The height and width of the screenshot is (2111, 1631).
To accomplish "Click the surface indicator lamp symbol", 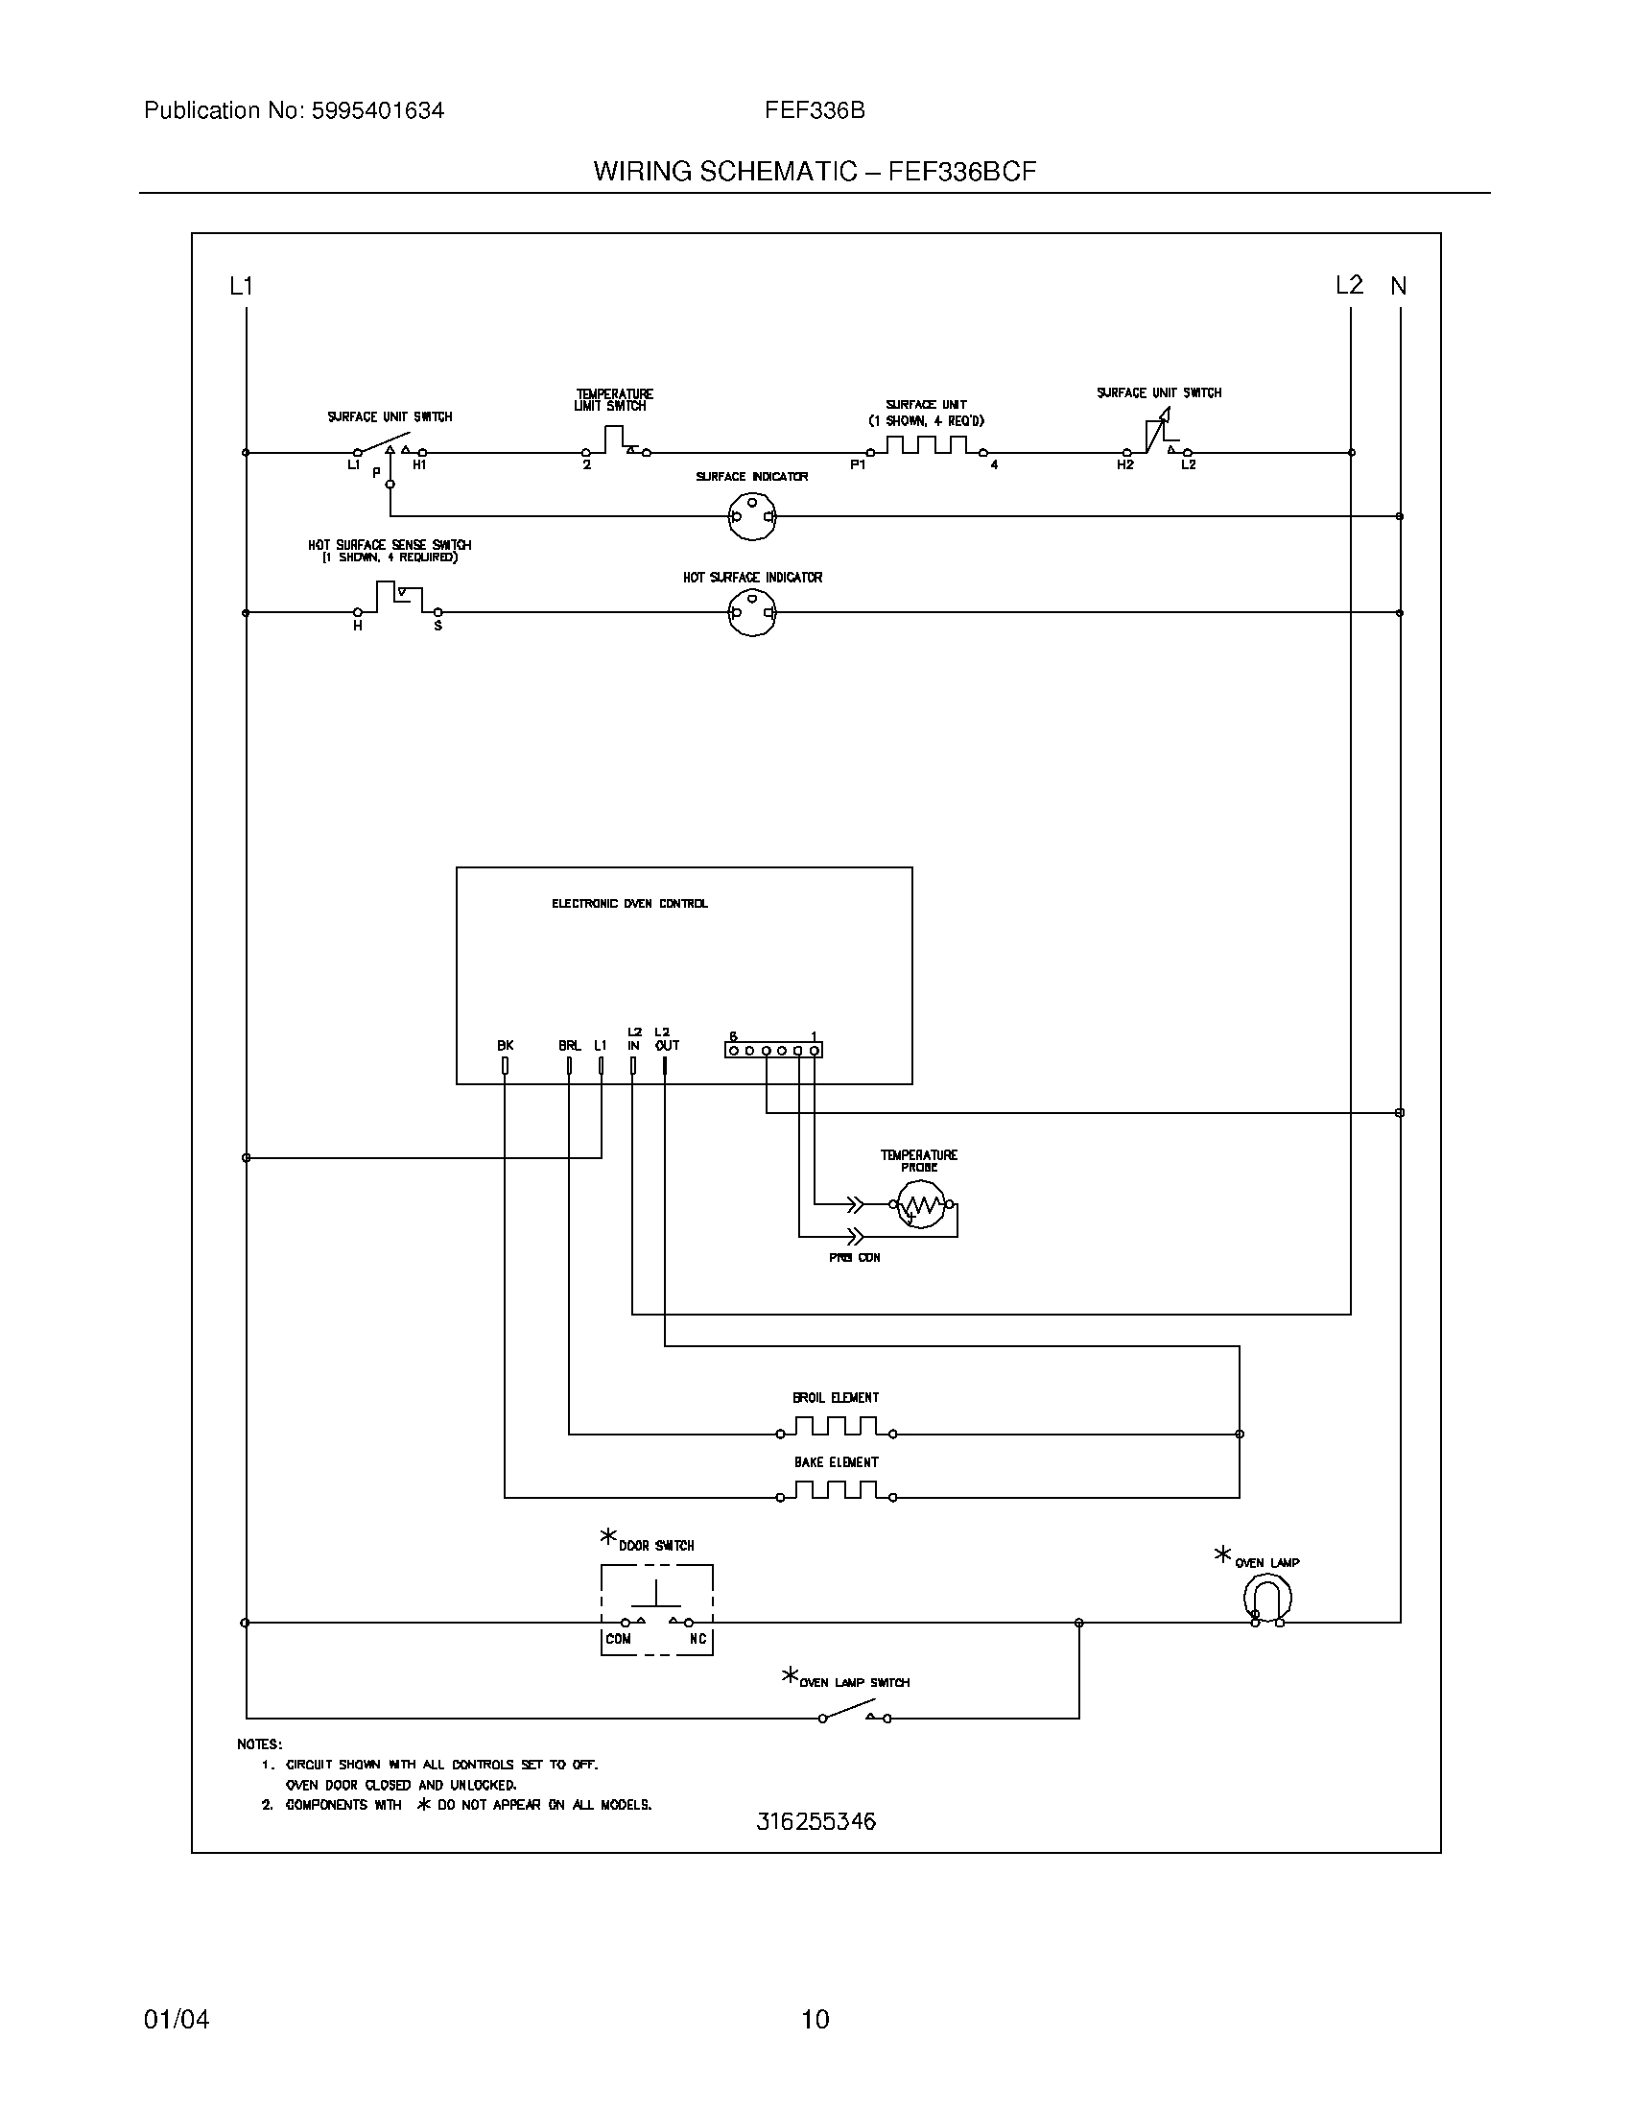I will coord(752,516).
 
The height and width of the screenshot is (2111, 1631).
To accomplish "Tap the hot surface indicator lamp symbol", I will coord(752,613).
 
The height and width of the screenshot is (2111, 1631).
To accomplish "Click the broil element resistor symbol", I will coord(836,1427).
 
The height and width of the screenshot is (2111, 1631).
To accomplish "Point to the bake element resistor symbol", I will coord(836,1491).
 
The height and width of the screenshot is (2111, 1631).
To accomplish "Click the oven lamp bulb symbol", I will coord(1266,1598).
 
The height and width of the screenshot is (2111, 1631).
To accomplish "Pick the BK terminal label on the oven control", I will coord(506,1045).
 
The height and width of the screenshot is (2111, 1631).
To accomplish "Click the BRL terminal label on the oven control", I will coord(569,1045).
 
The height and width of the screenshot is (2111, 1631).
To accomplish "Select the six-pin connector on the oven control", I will coord(773,1050).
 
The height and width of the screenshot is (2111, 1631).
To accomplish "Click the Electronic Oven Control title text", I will coord(629,904).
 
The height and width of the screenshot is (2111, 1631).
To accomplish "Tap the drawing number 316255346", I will coord(815,1822).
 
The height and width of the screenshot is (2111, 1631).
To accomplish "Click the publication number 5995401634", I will coord(377,111).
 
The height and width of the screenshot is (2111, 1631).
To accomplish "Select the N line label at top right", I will coord(1398,286).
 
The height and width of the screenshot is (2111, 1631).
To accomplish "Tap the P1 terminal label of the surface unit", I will coord(857,466).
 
